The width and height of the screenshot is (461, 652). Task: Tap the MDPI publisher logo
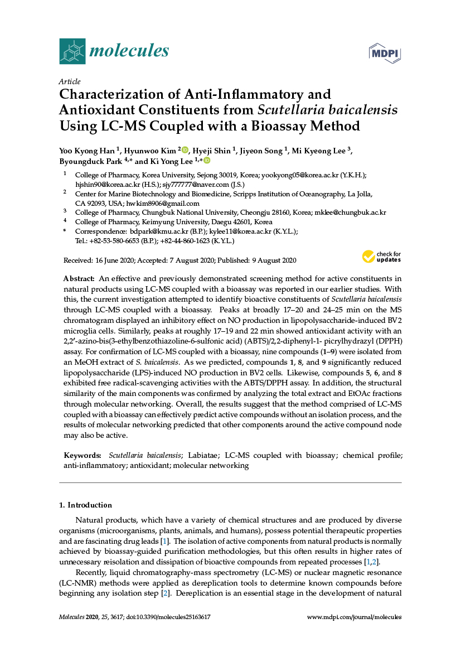pyautogui.click(x=385, y=52)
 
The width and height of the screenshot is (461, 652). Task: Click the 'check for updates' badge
pyautogui.click(x=382, y=257)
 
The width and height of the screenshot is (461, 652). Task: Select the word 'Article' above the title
pyautogui.click(x=70, y=81)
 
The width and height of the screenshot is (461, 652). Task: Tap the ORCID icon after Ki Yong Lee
pyautogui.click(x=207, y=161)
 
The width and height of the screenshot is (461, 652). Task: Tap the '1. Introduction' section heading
pyautogui.click(x=85, y=505)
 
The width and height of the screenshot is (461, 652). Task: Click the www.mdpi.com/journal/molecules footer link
pyautogui.click(x=355, y=617)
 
